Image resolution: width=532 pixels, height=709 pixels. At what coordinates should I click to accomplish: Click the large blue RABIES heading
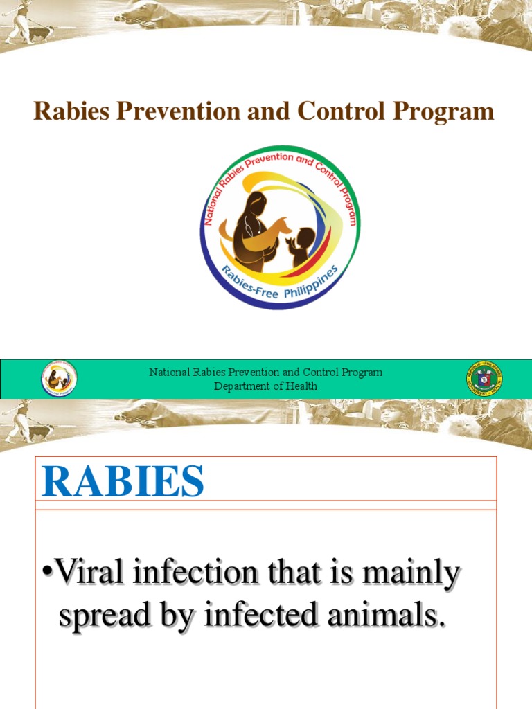point(123,482)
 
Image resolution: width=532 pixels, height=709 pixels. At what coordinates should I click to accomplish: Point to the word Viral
point(94,573)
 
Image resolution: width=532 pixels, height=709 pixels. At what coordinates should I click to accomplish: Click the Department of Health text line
point(265,386)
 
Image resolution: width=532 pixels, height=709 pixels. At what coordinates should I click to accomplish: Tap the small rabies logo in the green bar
point(59,379)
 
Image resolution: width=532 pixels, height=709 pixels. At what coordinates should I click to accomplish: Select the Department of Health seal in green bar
point(484,379)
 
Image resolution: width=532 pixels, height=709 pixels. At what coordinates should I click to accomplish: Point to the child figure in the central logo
point(300,246)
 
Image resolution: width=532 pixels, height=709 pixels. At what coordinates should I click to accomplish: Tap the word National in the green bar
point(169,373)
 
